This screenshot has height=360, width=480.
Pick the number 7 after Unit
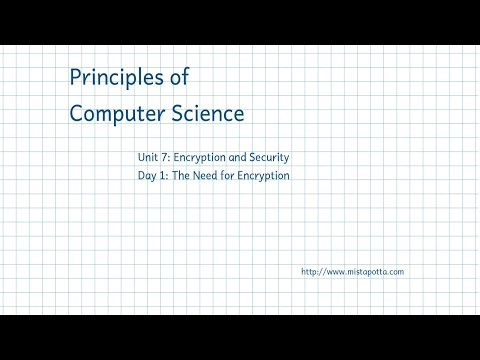pyautogui.click(x=168, y=158)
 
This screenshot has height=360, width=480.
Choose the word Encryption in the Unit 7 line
pyautogui.click(x=203, y=158)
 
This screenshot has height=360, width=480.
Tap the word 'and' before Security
pyautogui.click(x=244, y=158)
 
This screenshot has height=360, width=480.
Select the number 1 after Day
pyautogui.click(x=166, y=176)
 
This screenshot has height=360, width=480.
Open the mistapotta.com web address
pyautogui.click(x=353, y=272)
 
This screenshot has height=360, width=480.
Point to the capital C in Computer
pyautogui.click(x=77, y=113)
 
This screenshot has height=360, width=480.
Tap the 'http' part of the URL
pyautogui.click(x=309, y=272)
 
